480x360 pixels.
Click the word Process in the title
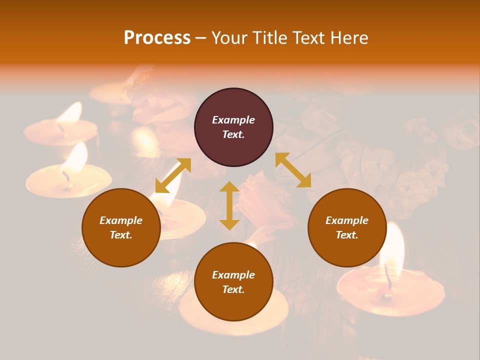point(157,38)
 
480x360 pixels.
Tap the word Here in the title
point(349,38)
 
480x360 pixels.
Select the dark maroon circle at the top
point(233,127)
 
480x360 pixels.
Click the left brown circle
point(121,227)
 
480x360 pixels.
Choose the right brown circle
point(347,227)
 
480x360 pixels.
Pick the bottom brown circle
point(233,282)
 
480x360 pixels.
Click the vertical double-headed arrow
point(229,205)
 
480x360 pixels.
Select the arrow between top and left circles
point(173,175)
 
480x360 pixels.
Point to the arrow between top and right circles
point(293,170)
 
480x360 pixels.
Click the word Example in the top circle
point(233,120)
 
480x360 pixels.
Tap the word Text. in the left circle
point(121,235)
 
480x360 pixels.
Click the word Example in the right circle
point(347,220)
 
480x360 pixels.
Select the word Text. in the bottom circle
point(233,289)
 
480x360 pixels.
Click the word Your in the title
point(227,38)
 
